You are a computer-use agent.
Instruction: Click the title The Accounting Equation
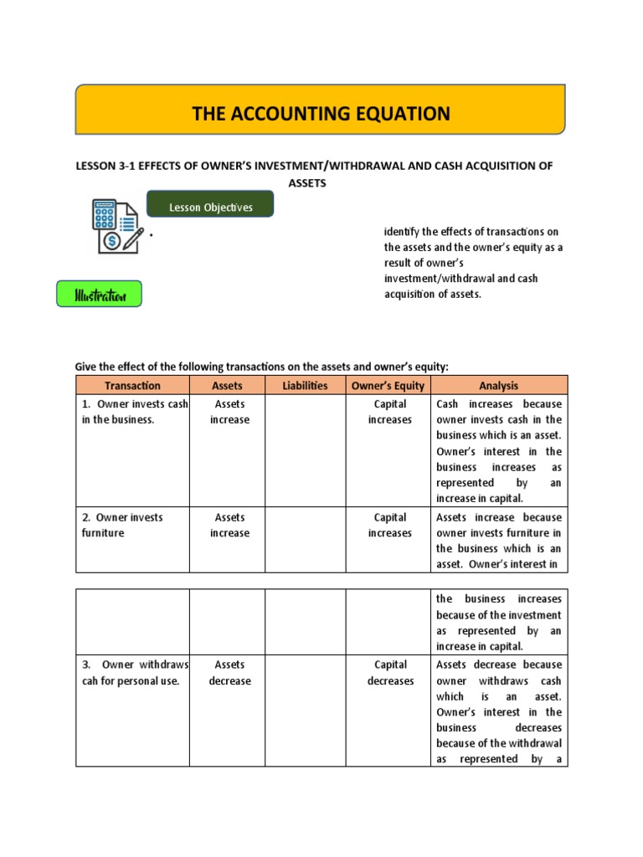[x=321, y=113]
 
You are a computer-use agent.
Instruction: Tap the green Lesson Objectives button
[x=210, y=208]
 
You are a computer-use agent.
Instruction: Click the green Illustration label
[x=100, y=295]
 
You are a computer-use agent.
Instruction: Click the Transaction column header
[x=132, y=386]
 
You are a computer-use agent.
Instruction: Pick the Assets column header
[x=227, y=386]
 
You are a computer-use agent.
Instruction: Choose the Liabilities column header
[x=305, y=386]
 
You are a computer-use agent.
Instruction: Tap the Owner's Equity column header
[x=388, y=386]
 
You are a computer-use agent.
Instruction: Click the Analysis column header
[x=498, y=386]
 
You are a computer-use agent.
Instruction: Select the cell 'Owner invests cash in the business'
[x=132, y=412]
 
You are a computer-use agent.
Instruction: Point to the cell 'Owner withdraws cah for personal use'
[x=132, y=673]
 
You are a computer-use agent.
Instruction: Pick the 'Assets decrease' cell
[x=229, y=673]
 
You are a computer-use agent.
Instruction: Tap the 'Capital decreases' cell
[x=390, y=673]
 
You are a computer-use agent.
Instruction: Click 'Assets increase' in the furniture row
[x=229, y=525]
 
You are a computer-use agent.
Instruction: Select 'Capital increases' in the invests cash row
[x=390, y=412]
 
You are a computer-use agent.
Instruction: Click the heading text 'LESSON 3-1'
[x=105, y=166]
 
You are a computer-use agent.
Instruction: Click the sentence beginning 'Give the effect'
[x=262, y=366]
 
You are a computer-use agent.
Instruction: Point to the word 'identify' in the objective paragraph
[x=401, y=231]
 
